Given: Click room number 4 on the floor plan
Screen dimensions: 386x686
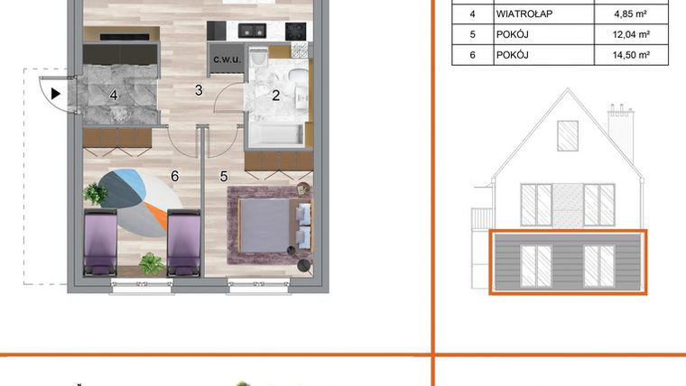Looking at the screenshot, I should click(x=114, y=94).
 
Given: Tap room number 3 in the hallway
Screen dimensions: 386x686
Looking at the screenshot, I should click(x=199, y=89).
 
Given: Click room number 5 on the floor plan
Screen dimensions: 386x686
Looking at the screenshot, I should click(x=223, y=177).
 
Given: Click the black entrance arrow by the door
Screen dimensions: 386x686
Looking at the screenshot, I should click(x=56, y=92).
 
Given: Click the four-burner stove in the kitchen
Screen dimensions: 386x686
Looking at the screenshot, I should click(x=296, y=30).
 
